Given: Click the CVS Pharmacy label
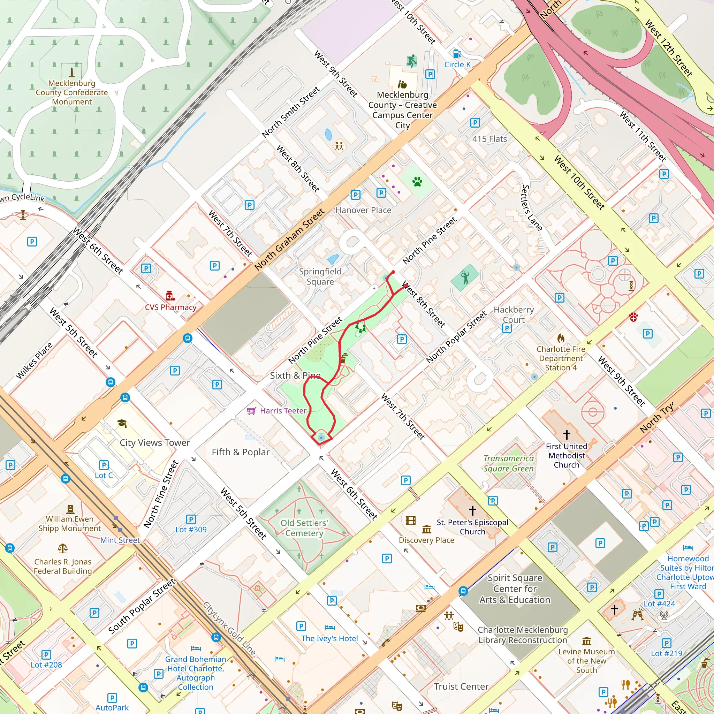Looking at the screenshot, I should [170, 307].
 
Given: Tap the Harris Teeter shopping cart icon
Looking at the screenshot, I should [251, 411].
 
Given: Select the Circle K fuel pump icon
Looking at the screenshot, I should [457, 54].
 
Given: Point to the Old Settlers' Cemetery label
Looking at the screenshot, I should [304, 528].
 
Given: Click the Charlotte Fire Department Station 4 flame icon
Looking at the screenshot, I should [561, 338].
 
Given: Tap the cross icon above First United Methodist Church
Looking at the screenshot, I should [567, 434].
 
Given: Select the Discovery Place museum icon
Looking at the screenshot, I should [426, 529].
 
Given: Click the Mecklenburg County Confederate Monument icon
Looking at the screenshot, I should [72, 71].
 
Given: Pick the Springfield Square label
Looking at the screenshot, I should [320, 276].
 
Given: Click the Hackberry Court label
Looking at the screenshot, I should [514, 314].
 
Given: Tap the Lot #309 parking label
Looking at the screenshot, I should [191, 529].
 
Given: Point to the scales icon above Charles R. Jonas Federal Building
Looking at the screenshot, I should [62, 548].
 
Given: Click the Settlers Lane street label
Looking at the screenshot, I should [531, 208].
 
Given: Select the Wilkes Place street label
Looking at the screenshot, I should [35, 361].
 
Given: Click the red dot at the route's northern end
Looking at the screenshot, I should [393, 272].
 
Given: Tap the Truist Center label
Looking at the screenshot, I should [461, 686].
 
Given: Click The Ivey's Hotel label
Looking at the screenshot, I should [329, 638].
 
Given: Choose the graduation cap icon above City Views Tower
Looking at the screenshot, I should [122, 423].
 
